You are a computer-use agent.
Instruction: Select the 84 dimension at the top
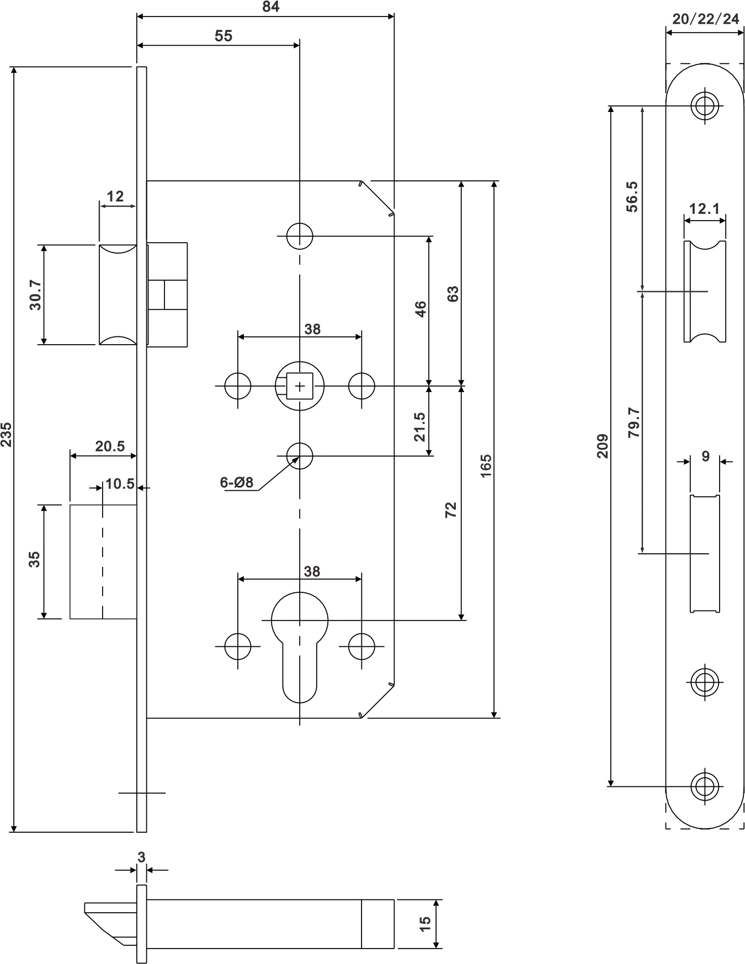270,7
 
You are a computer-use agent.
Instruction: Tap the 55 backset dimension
223,36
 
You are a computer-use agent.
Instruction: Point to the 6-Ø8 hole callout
236,483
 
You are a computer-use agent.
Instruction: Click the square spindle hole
300,386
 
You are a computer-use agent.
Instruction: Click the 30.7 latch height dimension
35,295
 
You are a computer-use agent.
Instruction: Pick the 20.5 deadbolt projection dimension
110,446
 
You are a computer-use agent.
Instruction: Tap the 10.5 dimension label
120,484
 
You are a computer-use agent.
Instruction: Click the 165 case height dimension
486,466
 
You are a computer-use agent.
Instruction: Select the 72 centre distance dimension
451,509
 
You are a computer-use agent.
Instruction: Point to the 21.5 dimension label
420,427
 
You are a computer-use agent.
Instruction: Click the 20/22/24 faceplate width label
705,19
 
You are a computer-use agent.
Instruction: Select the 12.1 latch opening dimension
705,208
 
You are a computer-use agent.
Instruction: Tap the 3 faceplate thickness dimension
141,857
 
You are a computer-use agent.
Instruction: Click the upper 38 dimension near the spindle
312,329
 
